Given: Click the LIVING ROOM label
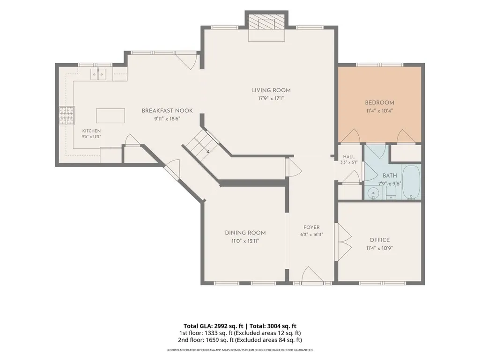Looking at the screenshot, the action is pos(271,90).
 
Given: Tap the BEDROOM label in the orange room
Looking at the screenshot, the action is pos(379,103).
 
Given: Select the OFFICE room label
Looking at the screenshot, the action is pos(380,240).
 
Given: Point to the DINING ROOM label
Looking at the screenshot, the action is pos(245,233).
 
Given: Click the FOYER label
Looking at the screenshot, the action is pos(311,227).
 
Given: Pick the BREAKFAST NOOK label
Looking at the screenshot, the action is pos(167,110).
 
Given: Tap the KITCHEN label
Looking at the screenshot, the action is pos(91,131).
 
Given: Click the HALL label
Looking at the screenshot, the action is pos(349,157).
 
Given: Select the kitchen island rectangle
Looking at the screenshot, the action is pos(111,116).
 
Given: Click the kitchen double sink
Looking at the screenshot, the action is pos(98,74).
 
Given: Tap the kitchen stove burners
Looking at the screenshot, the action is pos(67,116).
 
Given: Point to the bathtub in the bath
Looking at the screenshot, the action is pos(411,183).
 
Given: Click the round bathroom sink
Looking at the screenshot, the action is pos(373,193).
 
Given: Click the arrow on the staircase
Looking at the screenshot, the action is pos(207,151).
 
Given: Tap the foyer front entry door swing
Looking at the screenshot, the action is pos(312,274).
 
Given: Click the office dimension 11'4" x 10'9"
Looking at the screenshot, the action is pos(380,248).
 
